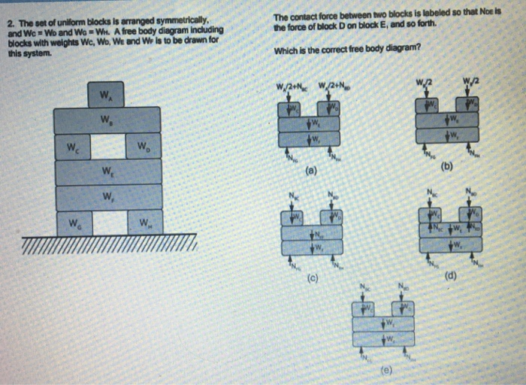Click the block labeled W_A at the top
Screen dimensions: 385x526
pos(107,95)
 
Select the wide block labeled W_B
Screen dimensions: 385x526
pos(107,120)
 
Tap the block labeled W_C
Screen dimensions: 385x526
pos(72,147)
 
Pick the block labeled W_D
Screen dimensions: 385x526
pos(143,147)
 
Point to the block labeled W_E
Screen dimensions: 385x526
pos(107,171)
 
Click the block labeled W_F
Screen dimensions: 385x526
pos(107,197)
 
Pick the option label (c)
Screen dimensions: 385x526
pos(310,280)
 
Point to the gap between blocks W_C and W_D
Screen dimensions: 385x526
pos(107,146)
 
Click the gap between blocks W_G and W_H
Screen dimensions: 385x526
pos(107,223)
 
